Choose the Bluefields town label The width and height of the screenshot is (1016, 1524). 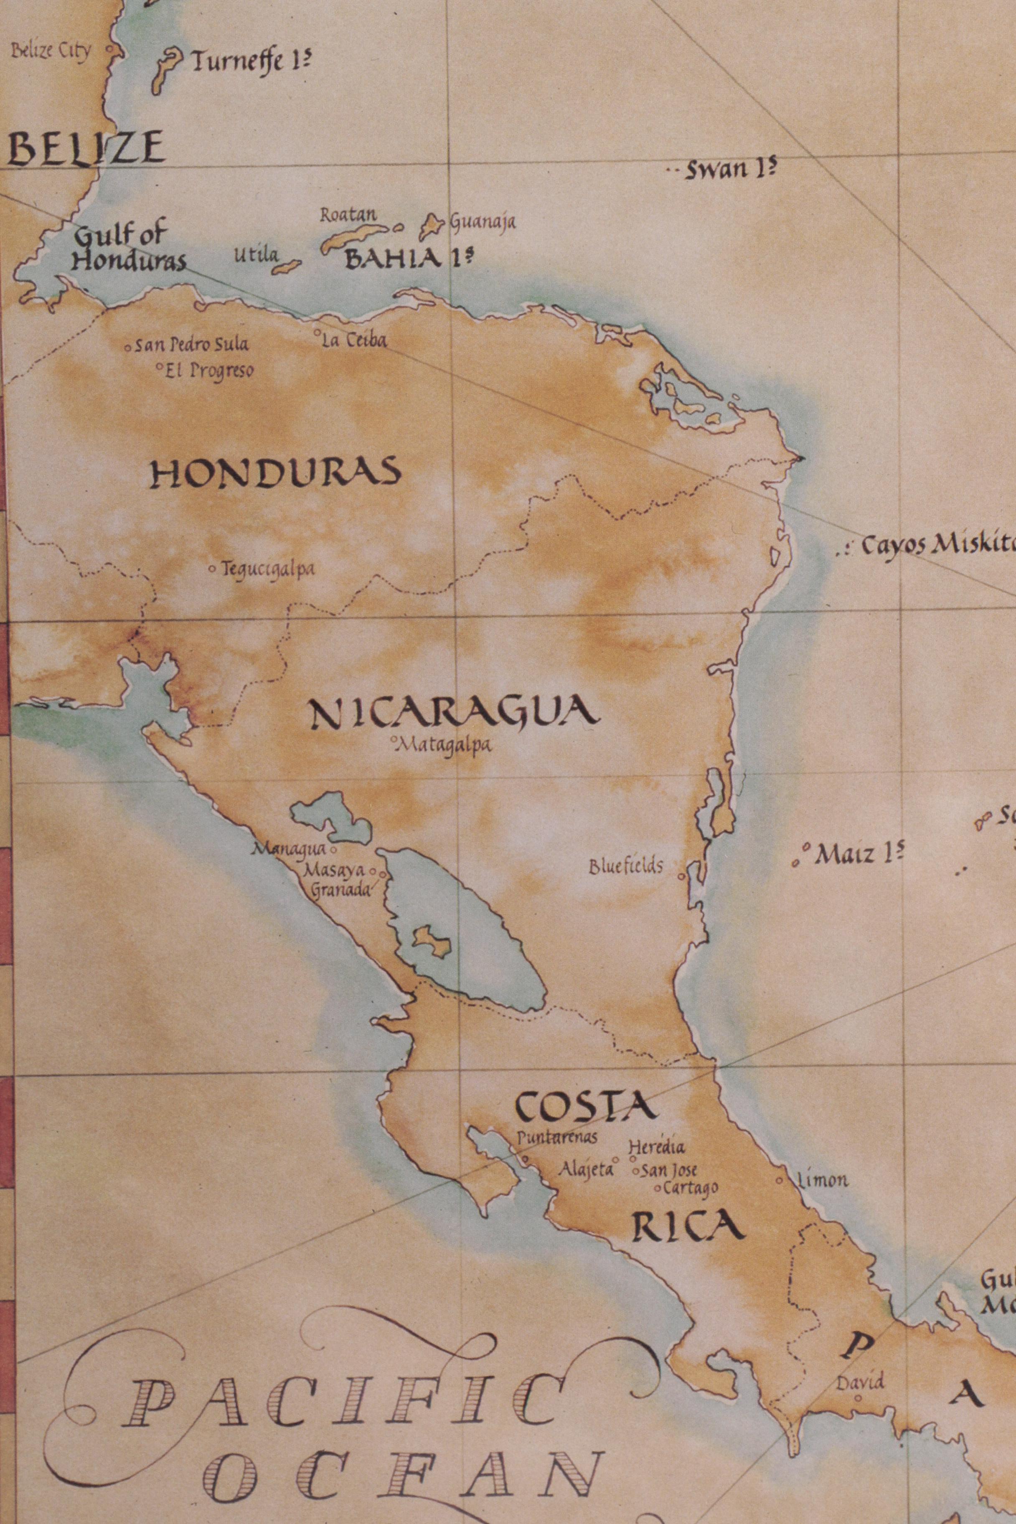coord(626,866)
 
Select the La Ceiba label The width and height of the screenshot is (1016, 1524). coord(354,340)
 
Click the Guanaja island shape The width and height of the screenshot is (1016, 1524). coord(429,226)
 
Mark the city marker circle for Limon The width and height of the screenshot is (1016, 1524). coord(780,1181)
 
